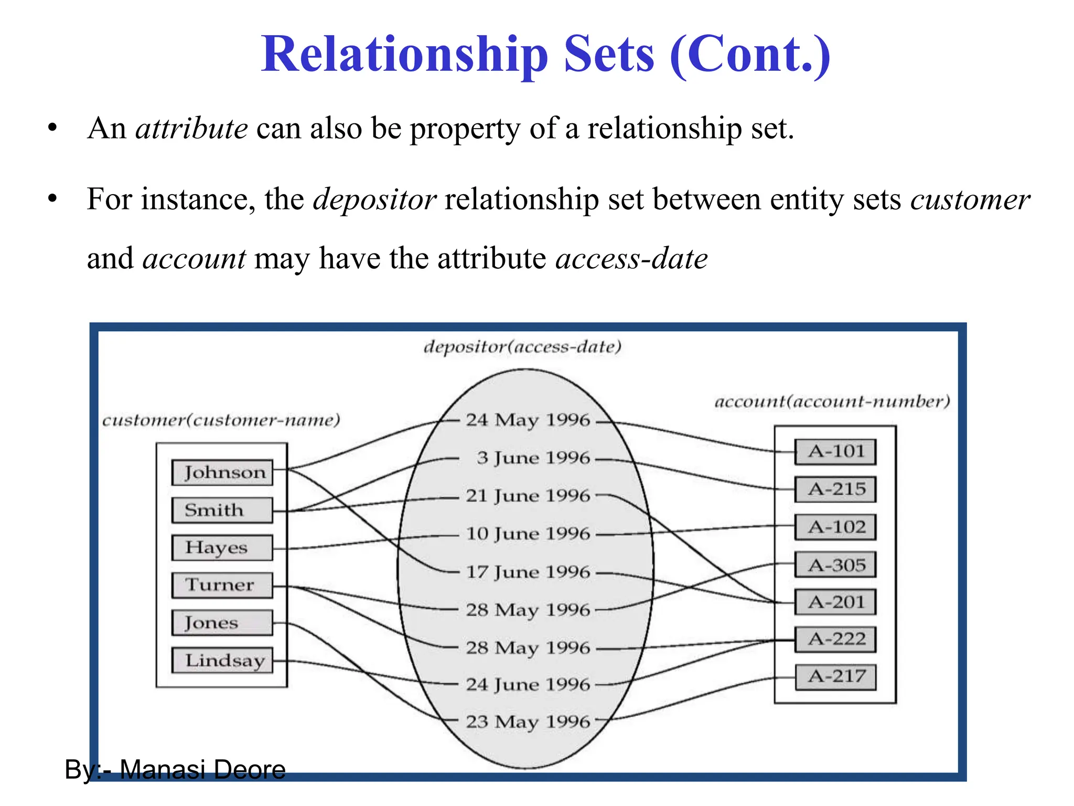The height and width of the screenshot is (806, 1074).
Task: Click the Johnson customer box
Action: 223,472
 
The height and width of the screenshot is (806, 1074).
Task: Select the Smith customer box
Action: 223,510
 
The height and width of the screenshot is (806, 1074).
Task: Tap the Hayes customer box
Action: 223,547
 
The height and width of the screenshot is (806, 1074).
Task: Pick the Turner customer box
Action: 223,585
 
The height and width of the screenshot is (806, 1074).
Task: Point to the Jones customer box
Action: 223,623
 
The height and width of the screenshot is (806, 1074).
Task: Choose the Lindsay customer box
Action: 223,660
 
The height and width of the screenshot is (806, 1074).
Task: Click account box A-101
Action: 835,452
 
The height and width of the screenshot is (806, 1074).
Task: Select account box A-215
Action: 835,489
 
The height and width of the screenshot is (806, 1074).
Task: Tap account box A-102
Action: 835,527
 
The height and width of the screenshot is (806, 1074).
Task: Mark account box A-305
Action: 835,565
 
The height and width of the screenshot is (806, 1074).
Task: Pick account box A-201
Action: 835,602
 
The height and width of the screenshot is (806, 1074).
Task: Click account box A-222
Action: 835,639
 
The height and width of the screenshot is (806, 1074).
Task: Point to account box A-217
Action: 835,676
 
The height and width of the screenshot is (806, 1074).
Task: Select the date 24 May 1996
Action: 528,420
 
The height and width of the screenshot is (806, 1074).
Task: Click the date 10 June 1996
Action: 528,534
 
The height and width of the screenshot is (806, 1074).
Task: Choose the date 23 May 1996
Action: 528,722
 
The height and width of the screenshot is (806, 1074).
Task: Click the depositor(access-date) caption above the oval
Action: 522,347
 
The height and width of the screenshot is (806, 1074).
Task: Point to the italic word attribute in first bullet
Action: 191,129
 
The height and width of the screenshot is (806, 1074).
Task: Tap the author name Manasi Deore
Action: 202,770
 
